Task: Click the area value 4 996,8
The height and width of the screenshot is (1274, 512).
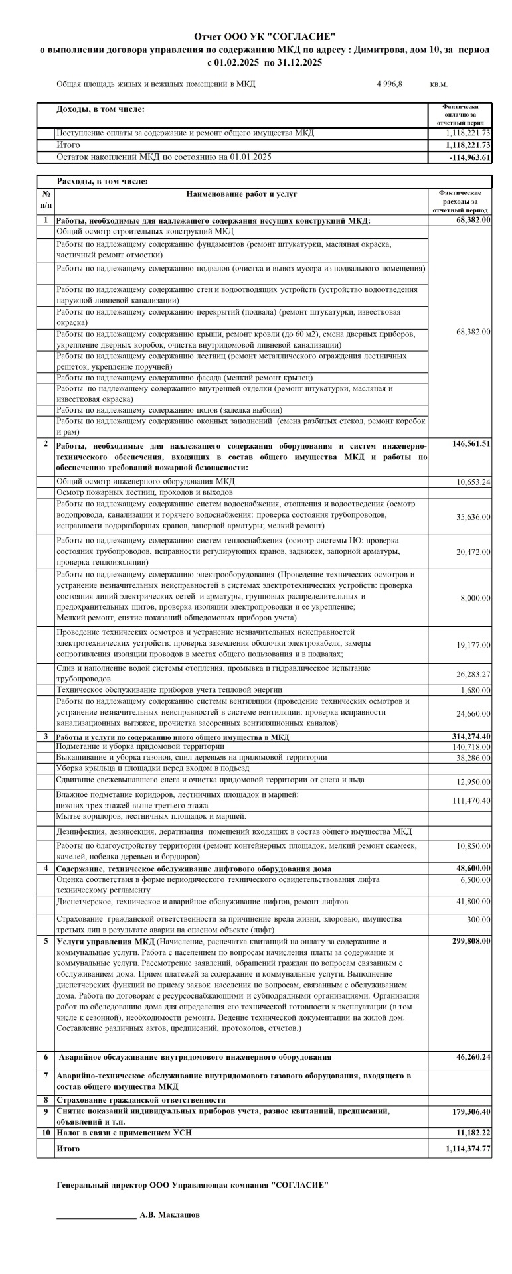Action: click(390, 84)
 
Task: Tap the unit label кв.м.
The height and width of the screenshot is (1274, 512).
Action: click(439, 84)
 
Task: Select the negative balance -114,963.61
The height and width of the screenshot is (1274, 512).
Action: click(469, 157)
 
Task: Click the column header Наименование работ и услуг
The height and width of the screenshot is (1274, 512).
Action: click(242, 194)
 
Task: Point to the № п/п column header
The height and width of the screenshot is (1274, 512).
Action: click(46, 200)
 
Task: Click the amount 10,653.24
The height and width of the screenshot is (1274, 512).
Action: click(473, 482)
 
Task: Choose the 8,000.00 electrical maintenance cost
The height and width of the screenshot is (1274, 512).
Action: click(475, 598)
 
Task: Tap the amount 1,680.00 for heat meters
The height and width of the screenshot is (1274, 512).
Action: click(475, 691)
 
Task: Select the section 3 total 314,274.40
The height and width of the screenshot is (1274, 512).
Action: click(469, 737)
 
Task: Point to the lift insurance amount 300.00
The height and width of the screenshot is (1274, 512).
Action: click(479, 920)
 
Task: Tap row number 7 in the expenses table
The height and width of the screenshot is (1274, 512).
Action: click(46, 1075)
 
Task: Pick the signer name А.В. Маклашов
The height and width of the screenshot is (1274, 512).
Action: click(169, 1214)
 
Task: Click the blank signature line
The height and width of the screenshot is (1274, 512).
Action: click(96, 1217)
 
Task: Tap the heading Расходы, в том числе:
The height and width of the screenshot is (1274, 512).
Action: click(103, 181)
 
